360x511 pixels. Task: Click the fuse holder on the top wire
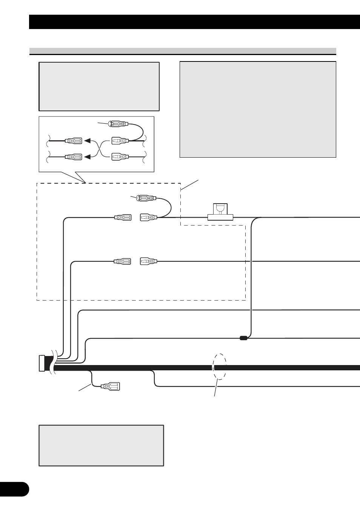click(220, 212)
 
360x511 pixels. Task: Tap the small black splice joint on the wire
click(243, 338)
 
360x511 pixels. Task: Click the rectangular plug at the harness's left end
click(42, 364)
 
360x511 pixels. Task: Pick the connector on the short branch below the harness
click(110, 387)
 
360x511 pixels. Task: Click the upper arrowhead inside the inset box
click(87, 141)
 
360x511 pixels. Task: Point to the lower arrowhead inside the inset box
click(87, 157)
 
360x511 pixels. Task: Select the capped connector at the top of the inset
click(118, 124)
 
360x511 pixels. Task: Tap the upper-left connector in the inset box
click(74, 141)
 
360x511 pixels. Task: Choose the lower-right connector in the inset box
click(120, 157)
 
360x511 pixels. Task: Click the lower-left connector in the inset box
click(74, 157)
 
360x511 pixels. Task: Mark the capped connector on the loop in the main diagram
click(146, 198)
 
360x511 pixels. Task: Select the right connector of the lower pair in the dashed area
click(148, 261)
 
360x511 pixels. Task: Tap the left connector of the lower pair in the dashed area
click(123, 261)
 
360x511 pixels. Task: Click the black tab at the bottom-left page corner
click(14, 489)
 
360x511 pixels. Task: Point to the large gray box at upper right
click(258, 109)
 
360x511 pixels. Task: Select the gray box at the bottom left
click(101, 445)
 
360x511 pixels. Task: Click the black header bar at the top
click(194, 22)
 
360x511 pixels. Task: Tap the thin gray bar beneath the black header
click(183, 51)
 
